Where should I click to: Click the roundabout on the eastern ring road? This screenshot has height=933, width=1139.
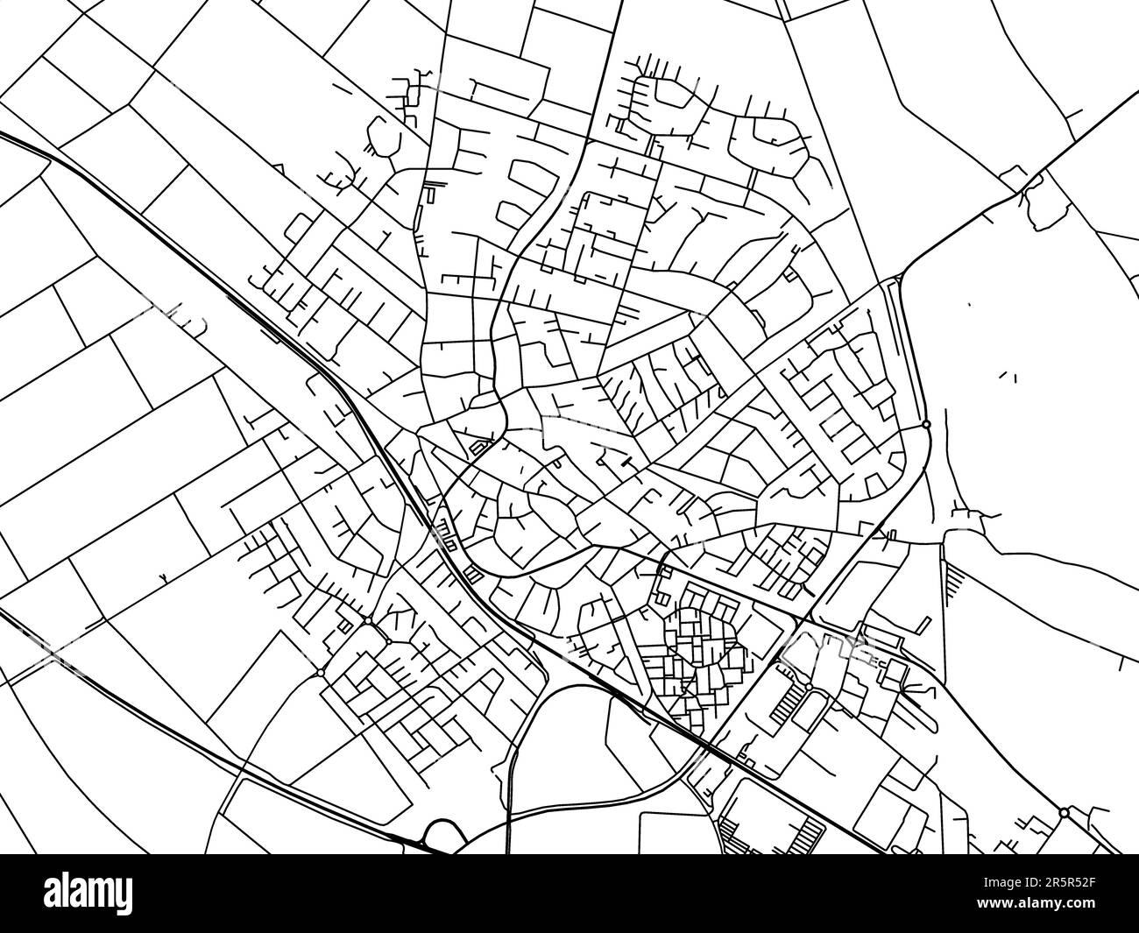click(926, 425)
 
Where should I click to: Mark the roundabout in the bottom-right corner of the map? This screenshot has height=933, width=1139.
click(1064, 813)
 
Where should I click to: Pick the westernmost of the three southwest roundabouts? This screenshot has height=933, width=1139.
click(322, 672)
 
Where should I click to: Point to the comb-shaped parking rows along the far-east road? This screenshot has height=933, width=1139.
click(955, 583)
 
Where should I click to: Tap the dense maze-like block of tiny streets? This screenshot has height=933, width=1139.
click(697, 653)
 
